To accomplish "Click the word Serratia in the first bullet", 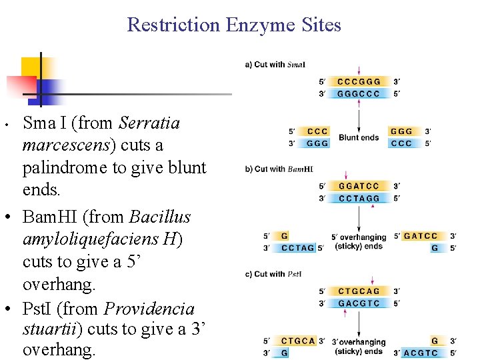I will click(149, 123).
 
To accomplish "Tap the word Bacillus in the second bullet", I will click(160, 217).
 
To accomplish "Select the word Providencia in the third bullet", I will click(149, 309).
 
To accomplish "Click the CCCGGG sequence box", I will click(359, 82).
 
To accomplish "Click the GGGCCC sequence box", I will click(359, 94).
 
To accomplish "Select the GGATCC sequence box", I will click(359, 186).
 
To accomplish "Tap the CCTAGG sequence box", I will click(359, 198).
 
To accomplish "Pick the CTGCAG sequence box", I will click(359, 291).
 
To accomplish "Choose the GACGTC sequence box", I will click(359, 303).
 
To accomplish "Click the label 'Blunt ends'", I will click(359, 138).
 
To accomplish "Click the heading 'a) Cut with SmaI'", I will click(276, 65).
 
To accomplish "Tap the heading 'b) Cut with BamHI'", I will click(279, 169).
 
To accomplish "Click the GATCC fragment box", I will click(421, 236).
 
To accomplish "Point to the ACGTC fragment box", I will click(421, 353).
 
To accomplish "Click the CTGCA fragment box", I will click(298, 341).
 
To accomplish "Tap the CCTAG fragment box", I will click(297, 248).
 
